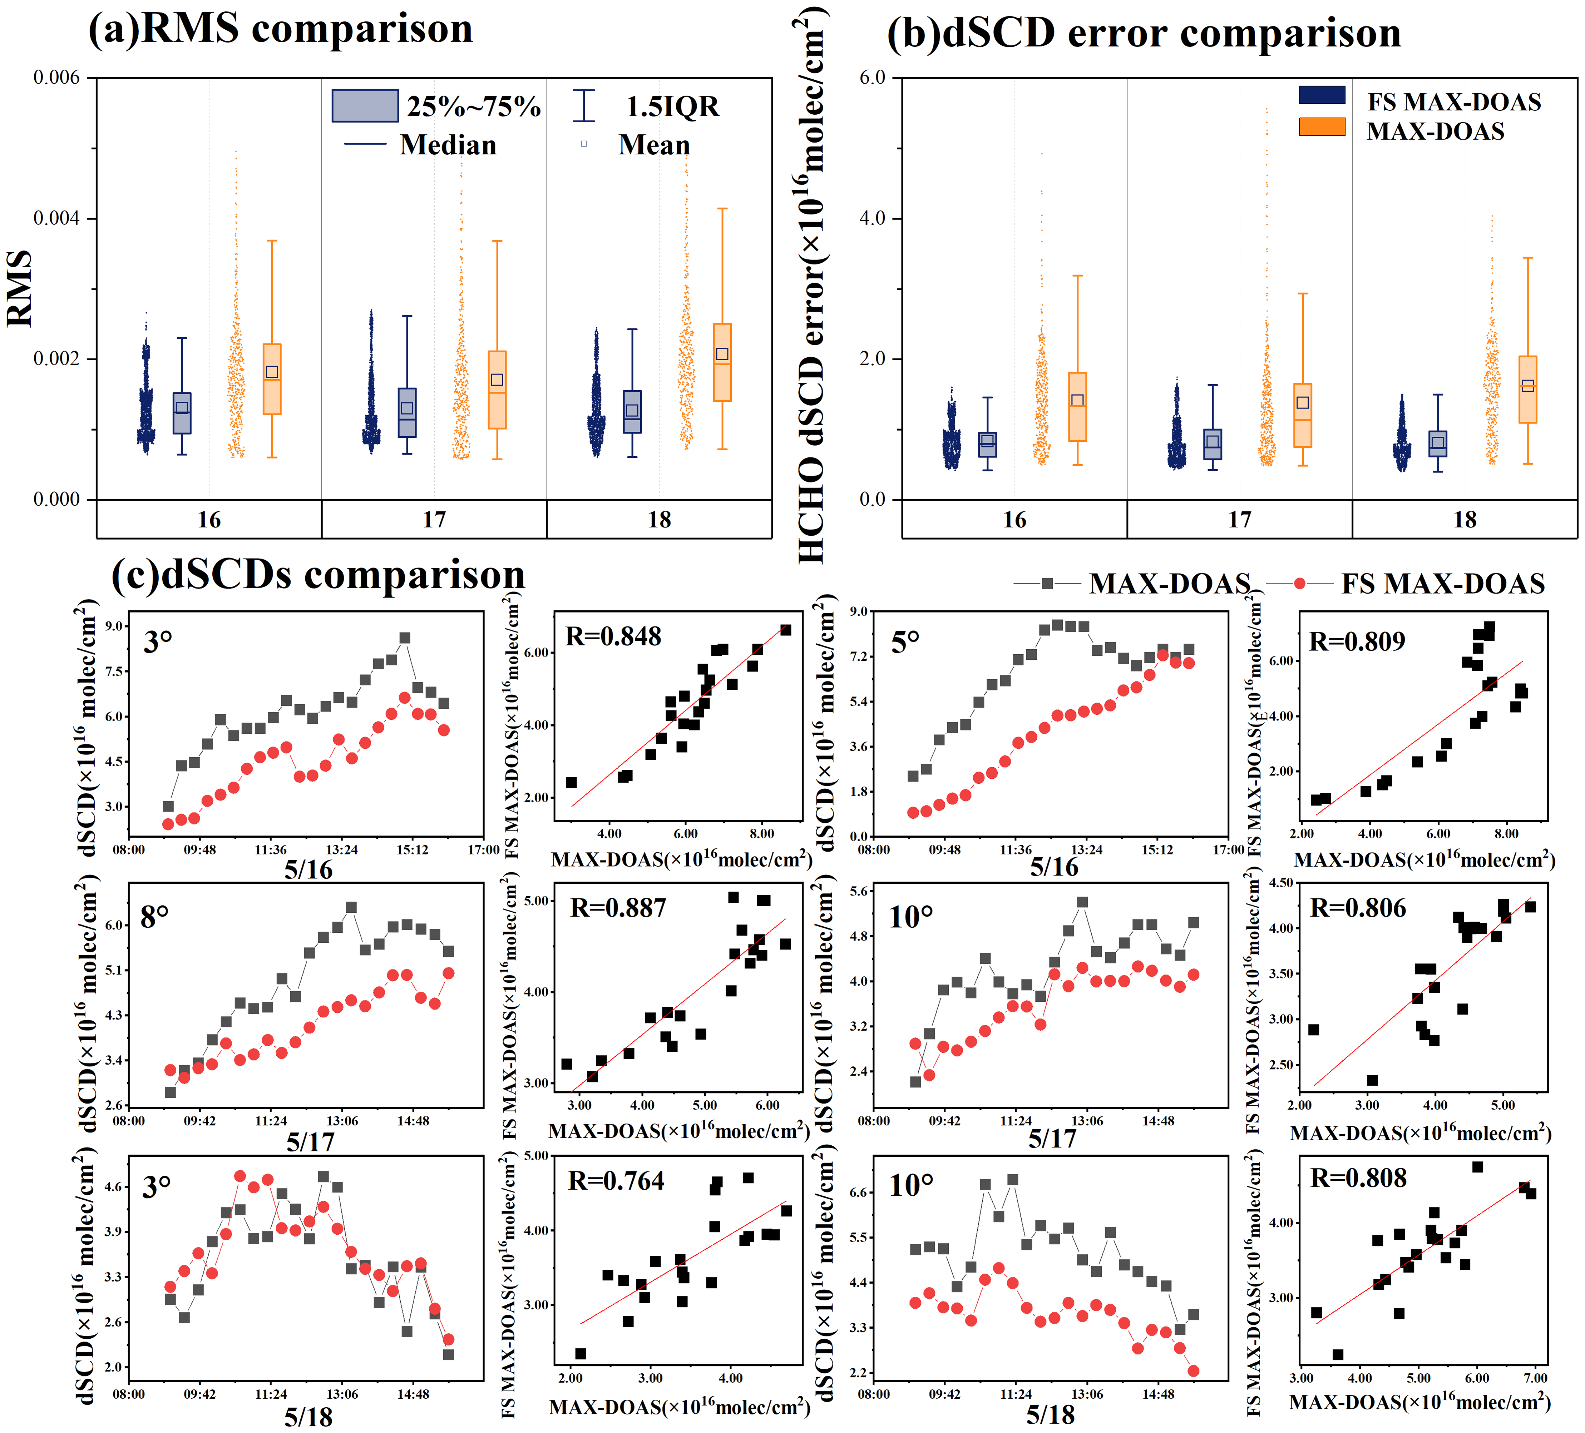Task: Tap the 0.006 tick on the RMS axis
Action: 56,78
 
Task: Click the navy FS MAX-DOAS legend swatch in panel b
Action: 1322,95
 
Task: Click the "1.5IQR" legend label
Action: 672,106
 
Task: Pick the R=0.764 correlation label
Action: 616,1181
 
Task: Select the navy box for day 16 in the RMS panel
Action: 182,413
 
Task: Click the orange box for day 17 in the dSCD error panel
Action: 1303,415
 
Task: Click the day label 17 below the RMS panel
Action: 434,520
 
